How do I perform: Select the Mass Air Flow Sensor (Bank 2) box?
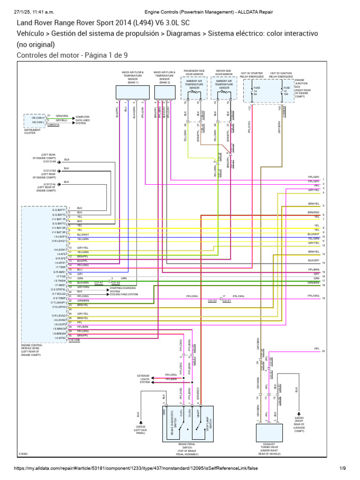(164, 92)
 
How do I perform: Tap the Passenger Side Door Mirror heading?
(194, 73)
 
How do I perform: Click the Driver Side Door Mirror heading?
(224, 73)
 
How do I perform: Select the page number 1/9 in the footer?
(343, 468)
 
